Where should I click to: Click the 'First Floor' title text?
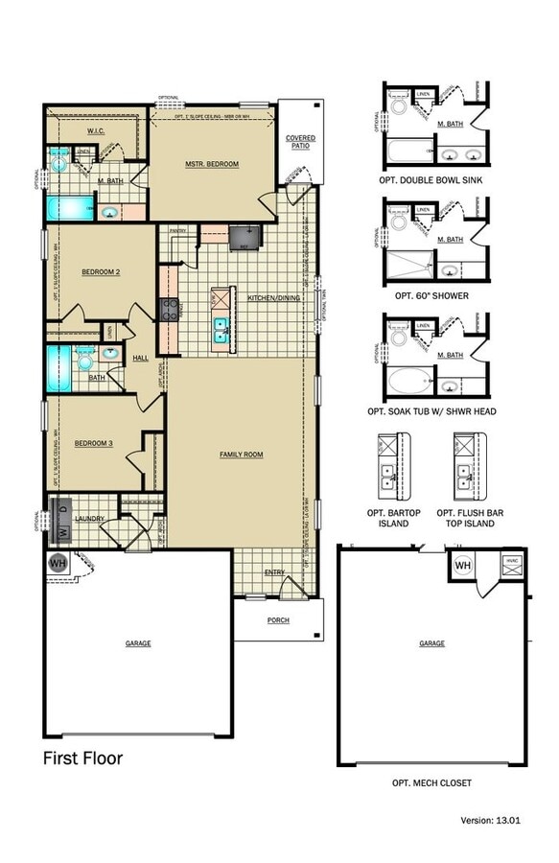coord(82,758)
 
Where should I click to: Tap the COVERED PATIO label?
coord(300,142)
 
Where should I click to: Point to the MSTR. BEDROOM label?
coord(212,164)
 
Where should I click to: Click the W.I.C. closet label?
coord(96,130)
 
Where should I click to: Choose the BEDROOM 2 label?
coord(100,272)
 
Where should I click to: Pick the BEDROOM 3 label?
coord(94,442)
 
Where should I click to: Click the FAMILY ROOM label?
coord(241,454)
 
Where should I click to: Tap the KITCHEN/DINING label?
coord(274,298)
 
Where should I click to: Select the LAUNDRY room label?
coord(89,519)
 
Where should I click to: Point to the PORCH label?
coord(277,619)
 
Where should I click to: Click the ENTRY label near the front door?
coord(275,572)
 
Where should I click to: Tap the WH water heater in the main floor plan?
coord(58,563)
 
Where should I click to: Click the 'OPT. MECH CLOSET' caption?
coord(431,782)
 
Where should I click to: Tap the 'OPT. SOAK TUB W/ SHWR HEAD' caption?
coord(431,410)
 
